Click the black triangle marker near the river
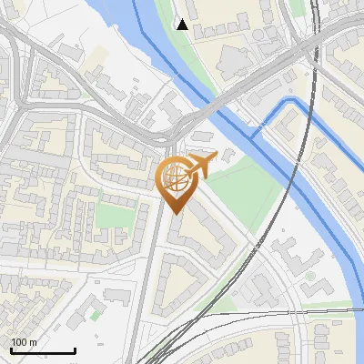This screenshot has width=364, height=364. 183,25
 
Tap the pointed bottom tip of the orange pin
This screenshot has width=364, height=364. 173,213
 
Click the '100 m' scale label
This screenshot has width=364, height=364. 25,342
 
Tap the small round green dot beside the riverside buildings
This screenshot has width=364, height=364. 310,276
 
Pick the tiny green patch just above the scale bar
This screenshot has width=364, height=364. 95,315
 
